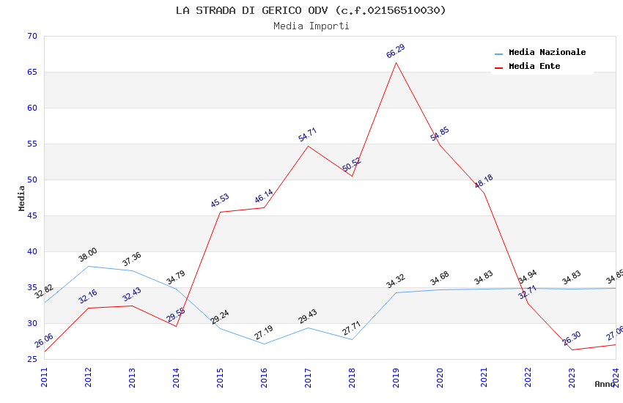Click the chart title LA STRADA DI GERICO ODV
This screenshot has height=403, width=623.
tap(311, 10)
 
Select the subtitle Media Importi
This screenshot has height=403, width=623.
tap(311, 26)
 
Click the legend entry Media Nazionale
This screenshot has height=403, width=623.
tap(547, 52)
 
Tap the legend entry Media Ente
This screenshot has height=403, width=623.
tap(534, 66)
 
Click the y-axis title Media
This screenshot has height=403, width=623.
tap(22, 198)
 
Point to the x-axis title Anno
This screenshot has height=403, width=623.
tap(605, 384)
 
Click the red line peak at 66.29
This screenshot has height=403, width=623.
tap(396, 62)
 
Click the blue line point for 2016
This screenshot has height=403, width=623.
tap(264, 344)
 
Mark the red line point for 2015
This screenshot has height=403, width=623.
tap(220, 212)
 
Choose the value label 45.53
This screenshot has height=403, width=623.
tap(220, 201)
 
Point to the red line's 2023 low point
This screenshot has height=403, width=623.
tap(572, 350)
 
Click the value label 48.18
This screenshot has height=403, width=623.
tap(484, 182)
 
